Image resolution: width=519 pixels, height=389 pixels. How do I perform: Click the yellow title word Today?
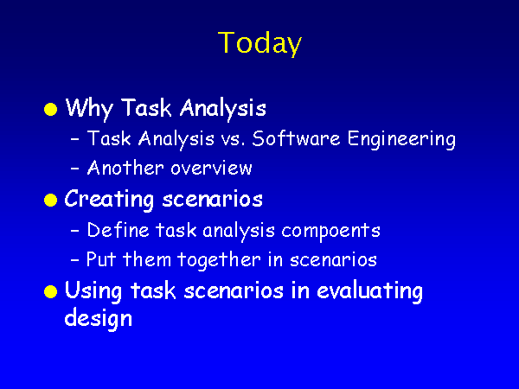tap(259, 43)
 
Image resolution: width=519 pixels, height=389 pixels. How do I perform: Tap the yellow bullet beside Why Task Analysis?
tap(50, 109)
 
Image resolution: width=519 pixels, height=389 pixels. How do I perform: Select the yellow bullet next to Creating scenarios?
tap(50, 201)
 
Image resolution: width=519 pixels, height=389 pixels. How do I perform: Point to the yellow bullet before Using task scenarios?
tap(50, 291)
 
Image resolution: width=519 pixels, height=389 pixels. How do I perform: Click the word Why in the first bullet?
tap(89, 109)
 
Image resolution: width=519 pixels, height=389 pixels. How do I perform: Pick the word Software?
tap(296, 138)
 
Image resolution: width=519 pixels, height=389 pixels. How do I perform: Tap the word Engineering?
tap(401, 139)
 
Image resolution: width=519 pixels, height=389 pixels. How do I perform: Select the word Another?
tap(125, 168)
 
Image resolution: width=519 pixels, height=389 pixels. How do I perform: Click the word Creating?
tap(109, 200)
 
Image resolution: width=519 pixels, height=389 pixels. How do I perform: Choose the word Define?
tap(118, 230)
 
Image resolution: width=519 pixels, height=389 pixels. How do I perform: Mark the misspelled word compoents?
tap(330, 231)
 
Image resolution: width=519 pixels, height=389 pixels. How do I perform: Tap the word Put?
tap(101, 259)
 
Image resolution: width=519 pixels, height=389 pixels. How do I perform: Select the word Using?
tap(93, 291)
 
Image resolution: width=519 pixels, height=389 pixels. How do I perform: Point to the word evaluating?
tap(369, 292)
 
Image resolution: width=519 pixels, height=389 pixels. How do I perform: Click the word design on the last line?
tap(99, 318)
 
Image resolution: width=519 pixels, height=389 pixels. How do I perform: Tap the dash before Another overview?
tap(75, 169)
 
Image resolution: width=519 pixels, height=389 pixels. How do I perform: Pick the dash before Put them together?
tap(75, 260)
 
